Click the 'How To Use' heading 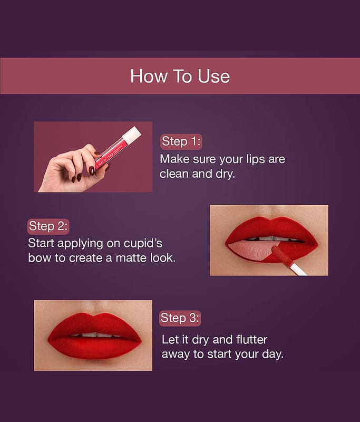(x=180, y=76)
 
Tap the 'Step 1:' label (x=181, y=141)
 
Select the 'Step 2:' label (x=48, y=226)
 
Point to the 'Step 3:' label (x=180, y=318)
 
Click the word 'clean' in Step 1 (x=174, y=174)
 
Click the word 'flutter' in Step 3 (x=251, y=340)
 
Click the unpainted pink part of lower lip (x=249, y=250)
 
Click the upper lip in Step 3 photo (x=94, y=324)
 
